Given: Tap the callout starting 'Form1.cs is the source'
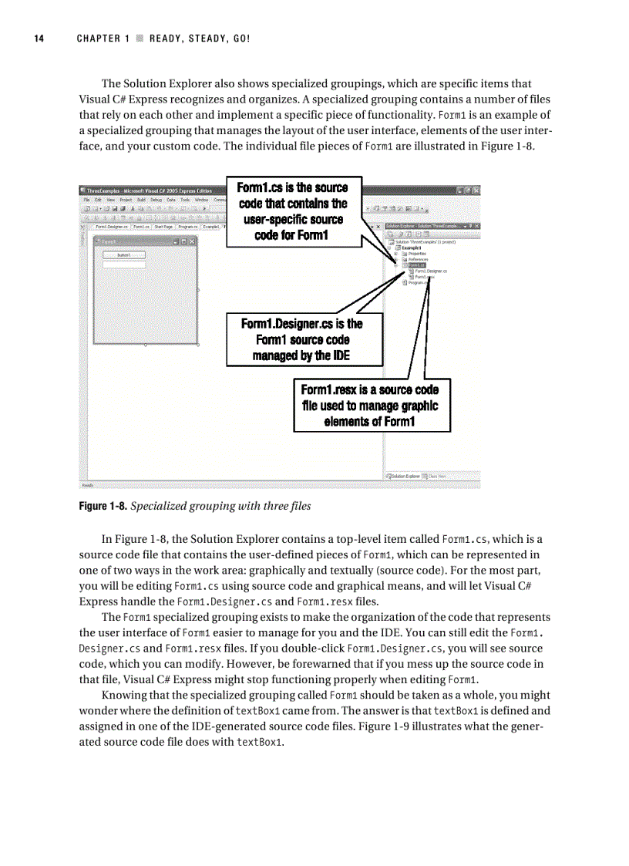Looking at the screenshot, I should [293, 211].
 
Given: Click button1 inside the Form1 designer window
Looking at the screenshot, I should [123, 254].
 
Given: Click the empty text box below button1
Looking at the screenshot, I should [123, 265].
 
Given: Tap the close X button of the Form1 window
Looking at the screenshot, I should [193, 242].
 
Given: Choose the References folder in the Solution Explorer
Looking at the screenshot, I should [418, 260].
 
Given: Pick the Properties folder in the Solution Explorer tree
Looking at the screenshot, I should [418, 254].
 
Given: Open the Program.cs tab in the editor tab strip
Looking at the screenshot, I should [187, 227].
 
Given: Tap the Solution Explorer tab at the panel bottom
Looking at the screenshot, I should [403, 477].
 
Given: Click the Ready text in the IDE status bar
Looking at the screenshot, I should [87, 485].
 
